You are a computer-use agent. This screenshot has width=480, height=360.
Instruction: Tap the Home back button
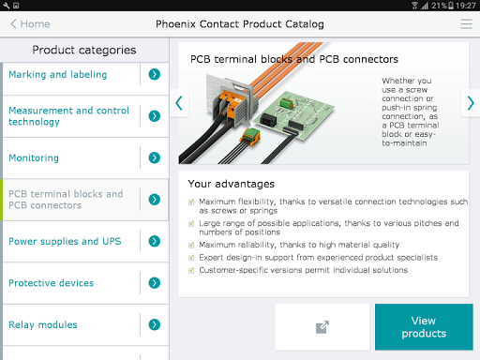pos(30,24)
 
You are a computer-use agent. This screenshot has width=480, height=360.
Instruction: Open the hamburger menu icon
pos(466,24)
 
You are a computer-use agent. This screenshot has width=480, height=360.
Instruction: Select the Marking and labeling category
pos(58,74)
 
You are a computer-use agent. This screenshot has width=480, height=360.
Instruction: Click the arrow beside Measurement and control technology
pos(155,116)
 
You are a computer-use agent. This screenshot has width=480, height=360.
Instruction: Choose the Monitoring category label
pos(34,157)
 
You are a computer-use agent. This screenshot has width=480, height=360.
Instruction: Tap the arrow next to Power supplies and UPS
pos(155,241)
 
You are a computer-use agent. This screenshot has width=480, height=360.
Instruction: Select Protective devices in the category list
pos(51,283)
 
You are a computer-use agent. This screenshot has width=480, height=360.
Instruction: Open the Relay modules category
pos(43,324)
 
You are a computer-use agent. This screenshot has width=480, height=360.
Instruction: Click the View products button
pos(424,327)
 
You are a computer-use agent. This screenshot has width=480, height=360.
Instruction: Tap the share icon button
pos(322,327)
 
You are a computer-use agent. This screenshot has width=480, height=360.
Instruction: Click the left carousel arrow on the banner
pos(179,103)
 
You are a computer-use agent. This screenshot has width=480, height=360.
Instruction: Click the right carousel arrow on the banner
pos(471,103)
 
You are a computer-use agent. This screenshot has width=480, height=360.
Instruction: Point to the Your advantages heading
pos(232,184)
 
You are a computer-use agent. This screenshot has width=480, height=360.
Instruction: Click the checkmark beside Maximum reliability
pos(191,245)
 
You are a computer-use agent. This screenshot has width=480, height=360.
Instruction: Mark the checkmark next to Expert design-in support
pos(191,258)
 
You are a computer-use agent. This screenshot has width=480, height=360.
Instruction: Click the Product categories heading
pos(84,50)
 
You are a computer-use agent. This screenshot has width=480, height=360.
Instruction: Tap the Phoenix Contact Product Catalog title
pos(240,24)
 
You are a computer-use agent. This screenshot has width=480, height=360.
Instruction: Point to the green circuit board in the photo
pos(293,115)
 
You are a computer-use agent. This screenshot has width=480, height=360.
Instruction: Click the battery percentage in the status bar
pos(440,6)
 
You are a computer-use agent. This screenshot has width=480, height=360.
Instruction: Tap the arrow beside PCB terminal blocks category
pos(155,200)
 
